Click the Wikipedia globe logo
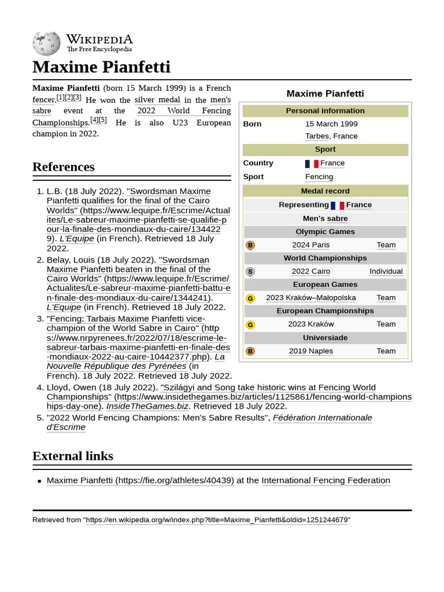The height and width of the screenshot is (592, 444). pyautogui.click(x=46, y=42)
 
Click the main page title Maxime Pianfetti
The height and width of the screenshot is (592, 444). pyautogui.click(x=101, y=67)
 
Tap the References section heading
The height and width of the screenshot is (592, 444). pyautogui.click(x=63, y=167)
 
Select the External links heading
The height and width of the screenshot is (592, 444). pyautogui.click(x=72, y=456)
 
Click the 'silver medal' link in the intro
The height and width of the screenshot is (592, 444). pyautogui.click(x=157, y=99)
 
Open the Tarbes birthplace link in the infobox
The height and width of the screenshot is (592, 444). pyautogui.click(x=317, y=136)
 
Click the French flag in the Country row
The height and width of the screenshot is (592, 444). pyautogui.click(x=312, y=164)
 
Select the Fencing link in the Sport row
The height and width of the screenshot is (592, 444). pyautogui.click(x=319, y=177)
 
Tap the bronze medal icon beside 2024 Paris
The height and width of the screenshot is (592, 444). pyautogui.click(x=250, y=245)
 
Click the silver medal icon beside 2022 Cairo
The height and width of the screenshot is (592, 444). pyautogui.click(x=250, y=272)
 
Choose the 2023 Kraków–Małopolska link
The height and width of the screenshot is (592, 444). pyautogui.click(x=311, y=298)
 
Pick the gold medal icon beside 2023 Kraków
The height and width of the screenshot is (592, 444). pyautogui.click(x=250, y=324)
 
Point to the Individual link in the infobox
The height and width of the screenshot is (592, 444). pyautogui.click(x=386, y=271)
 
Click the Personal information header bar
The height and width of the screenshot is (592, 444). pyautogui.click(x=325, y=110)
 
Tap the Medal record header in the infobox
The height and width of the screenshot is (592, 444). pyautogui.click(x=325, y=191)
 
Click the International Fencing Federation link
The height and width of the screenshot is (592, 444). pyautogui.click(x=325, y=480)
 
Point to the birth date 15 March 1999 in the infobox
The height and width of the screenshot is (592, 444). pyautogui.click(x=331, y=124)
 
